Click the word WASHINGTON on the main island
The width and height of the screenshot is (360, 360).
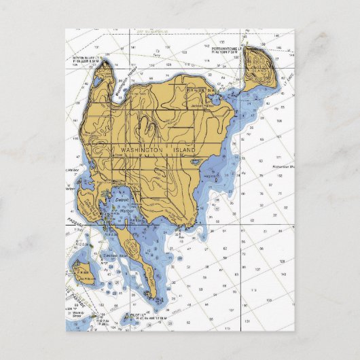(141, 149)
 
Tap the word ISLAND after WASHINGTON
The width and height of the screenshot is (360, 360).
(181, 149)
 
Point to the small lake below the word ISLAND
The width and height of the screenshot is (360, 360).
(196, 162)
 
